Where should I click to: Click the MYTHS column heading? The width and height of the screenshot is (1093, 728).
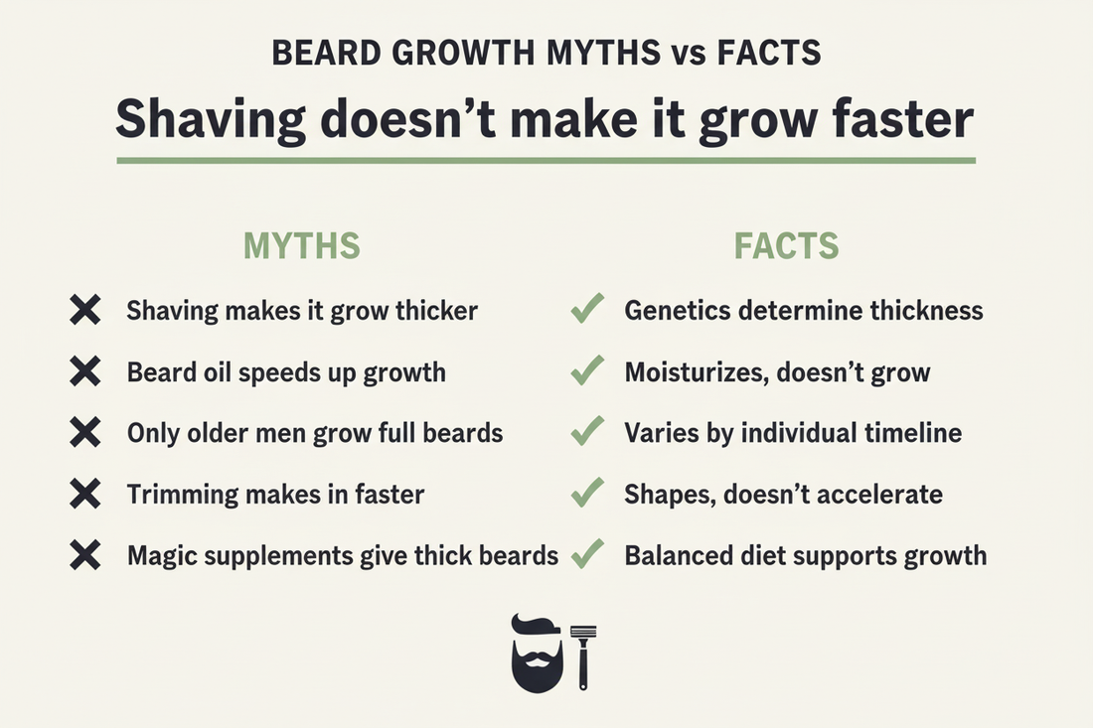[302, 245]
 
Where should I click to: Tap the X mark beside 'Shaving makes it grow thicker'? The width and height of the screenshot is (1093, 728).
[86, 311]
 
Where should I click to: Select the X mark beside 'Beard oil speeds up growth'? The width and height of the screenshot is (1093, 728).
[86, 372]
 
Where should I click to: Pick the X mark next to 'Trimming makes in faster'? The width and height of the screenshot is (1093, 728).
[86, 494]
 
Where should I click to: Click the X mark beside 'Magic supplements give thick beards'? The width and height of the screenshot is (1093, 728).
[86, 555]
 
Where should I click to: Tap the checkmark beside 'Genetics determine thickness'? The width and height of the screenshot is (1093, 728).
[588, 311]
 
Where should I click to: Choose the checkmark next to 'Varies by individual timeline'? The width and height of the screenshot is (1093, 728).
[588, 432]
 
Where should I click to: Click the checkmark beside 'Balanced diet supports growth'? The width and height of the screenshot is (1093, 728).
[588, 554]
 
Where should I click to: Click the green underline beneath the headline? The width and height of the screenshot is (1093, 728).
[546, 160]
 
